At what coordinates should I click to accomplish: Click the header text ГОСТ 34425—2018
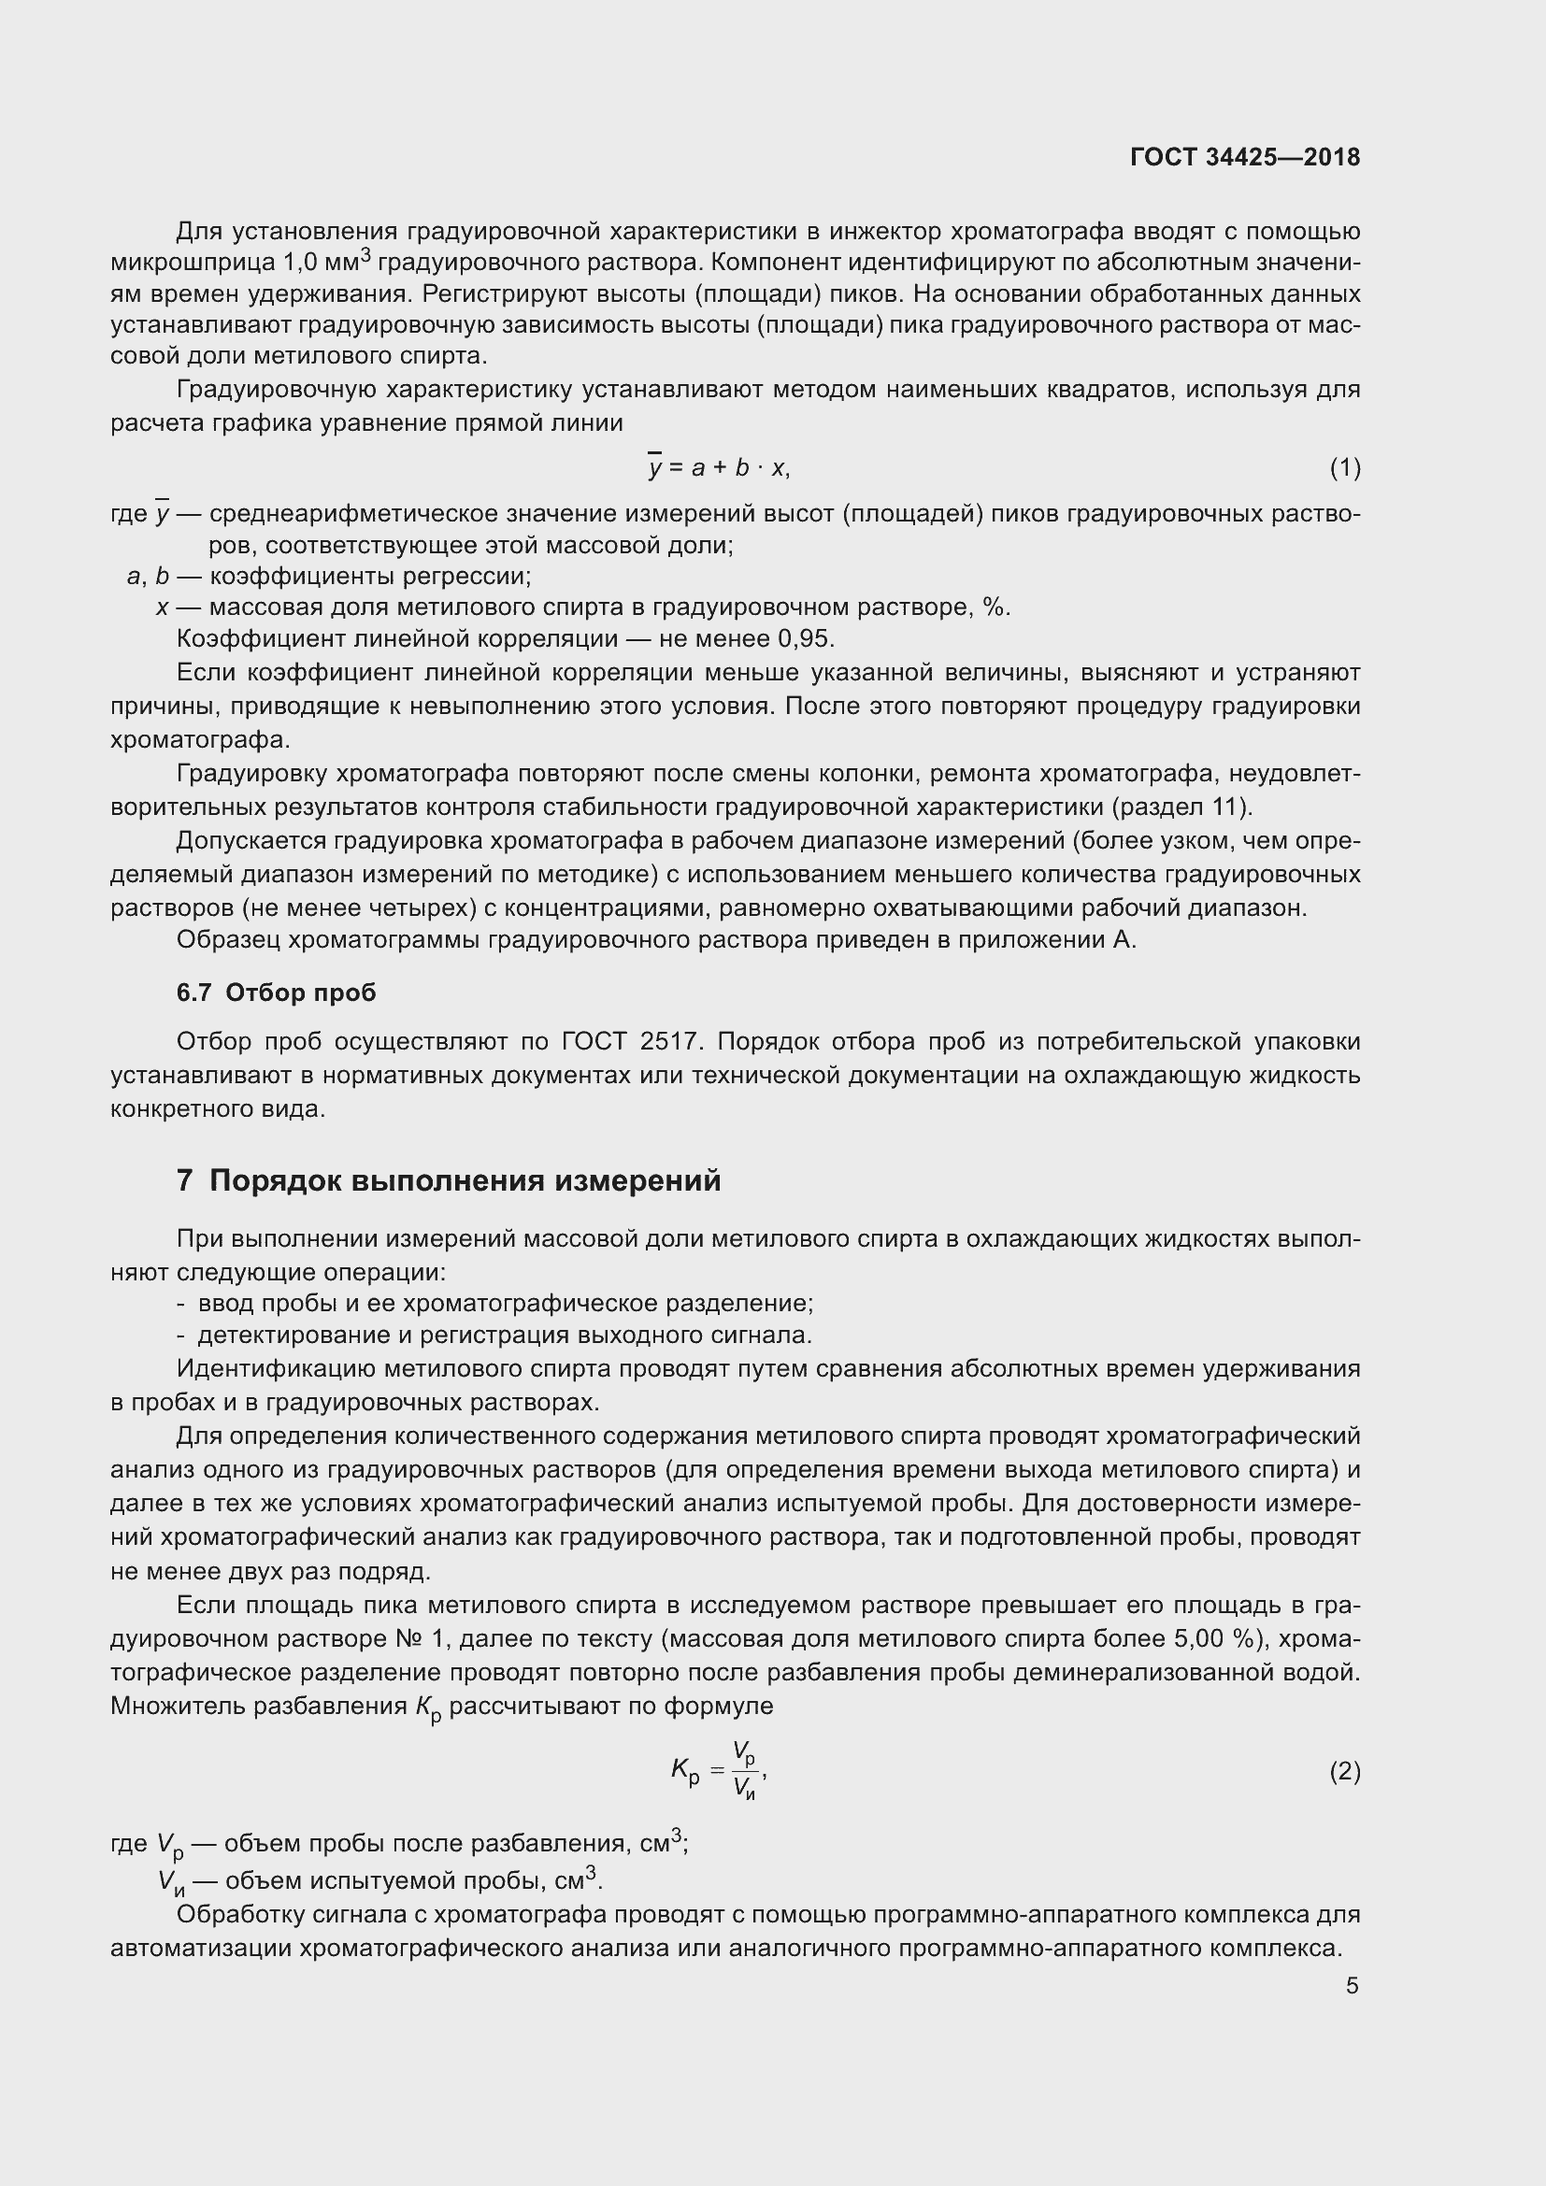pyautogui.click(x=1245, y=157)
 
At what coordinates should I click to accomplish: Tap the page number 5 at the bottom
pyautogui.click(x=1352, y=1986)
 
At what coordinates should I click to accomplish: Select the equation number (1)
pyautogui.click(x=1345, y=467)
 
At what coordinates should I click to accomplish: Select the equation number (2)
pyautogui.click(x=1345, y=1771)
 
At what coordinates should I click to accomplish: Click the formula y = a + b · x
pyautogui.click(x=719, y=467)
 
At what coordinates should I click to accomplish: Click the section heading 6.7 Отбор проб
pyautogui.click(x=276, y=993)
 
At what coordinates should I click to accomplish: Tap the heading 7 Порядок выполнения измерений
pyautogui.click(x=449, y=1180)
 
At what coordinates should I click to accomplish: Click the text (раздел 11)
pyautogui.click(x=1181, y=807)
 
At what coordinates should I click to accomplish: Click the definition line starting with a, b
pyautogui.click(x=328, y=576)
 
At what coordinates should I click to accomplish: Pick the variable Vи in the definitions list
pyautogui.click(x=171, y=1882)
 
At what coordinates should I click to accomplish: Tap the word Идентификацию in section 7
pyautogui.click(x=276, y=1368)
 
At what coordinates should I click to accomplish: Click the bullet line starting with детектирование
pyautogui.click(x=505, y=1335)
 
